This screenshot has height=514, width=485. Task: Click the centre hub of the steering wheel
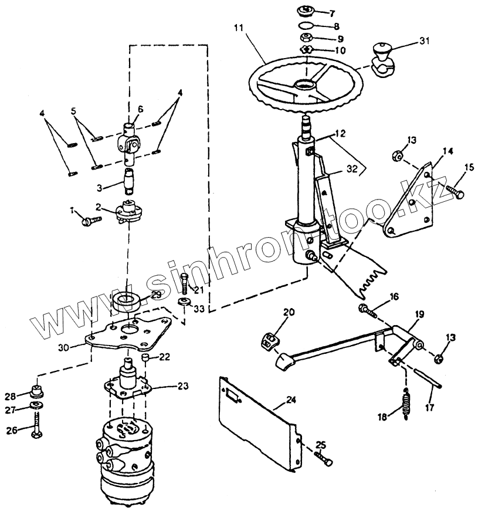[x=305, y=86]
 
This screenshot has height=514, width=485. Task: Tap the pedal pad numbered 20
[x=271, y=341]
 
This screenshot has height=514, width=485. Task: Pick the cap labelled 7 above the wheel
[x=306, y=11]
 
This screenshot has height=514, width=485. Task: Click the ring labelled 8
[x=306, y=26]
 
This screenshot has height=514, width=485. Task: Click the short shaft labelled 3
[x=131, y=179]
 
